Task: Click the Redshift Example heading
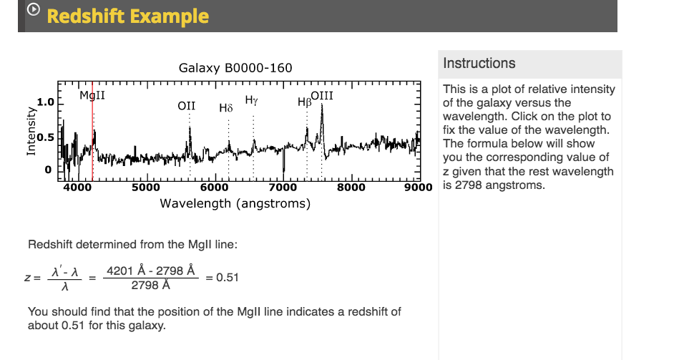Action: [128, 16]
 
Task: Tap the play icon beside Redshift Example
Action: [33, 11]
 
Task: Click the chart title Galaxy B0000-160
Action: [235, 68]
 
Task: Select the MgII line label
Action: [92, 96]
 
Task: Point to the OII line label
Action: [186, 105]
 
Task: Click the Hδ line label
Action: [226, 108]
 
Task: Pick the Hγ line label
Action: [252, 99]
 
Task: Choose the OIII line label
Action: [322, 95]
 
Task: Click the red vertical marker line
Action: [92, 136]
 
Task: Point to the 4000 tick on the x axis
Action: [78, 188]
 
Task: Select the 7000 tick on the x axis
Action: [284, 188]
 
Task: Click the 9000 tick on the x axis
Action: [419, 188]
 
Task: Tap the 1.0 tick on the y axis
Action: [45, 102]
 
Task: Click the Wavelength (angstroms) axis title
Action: [235, 203]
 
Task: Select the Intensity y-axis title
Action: [31, 132]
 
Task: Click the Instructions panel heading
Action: [479, 63]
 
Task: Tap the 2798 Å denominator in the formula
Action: [151, 286]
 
